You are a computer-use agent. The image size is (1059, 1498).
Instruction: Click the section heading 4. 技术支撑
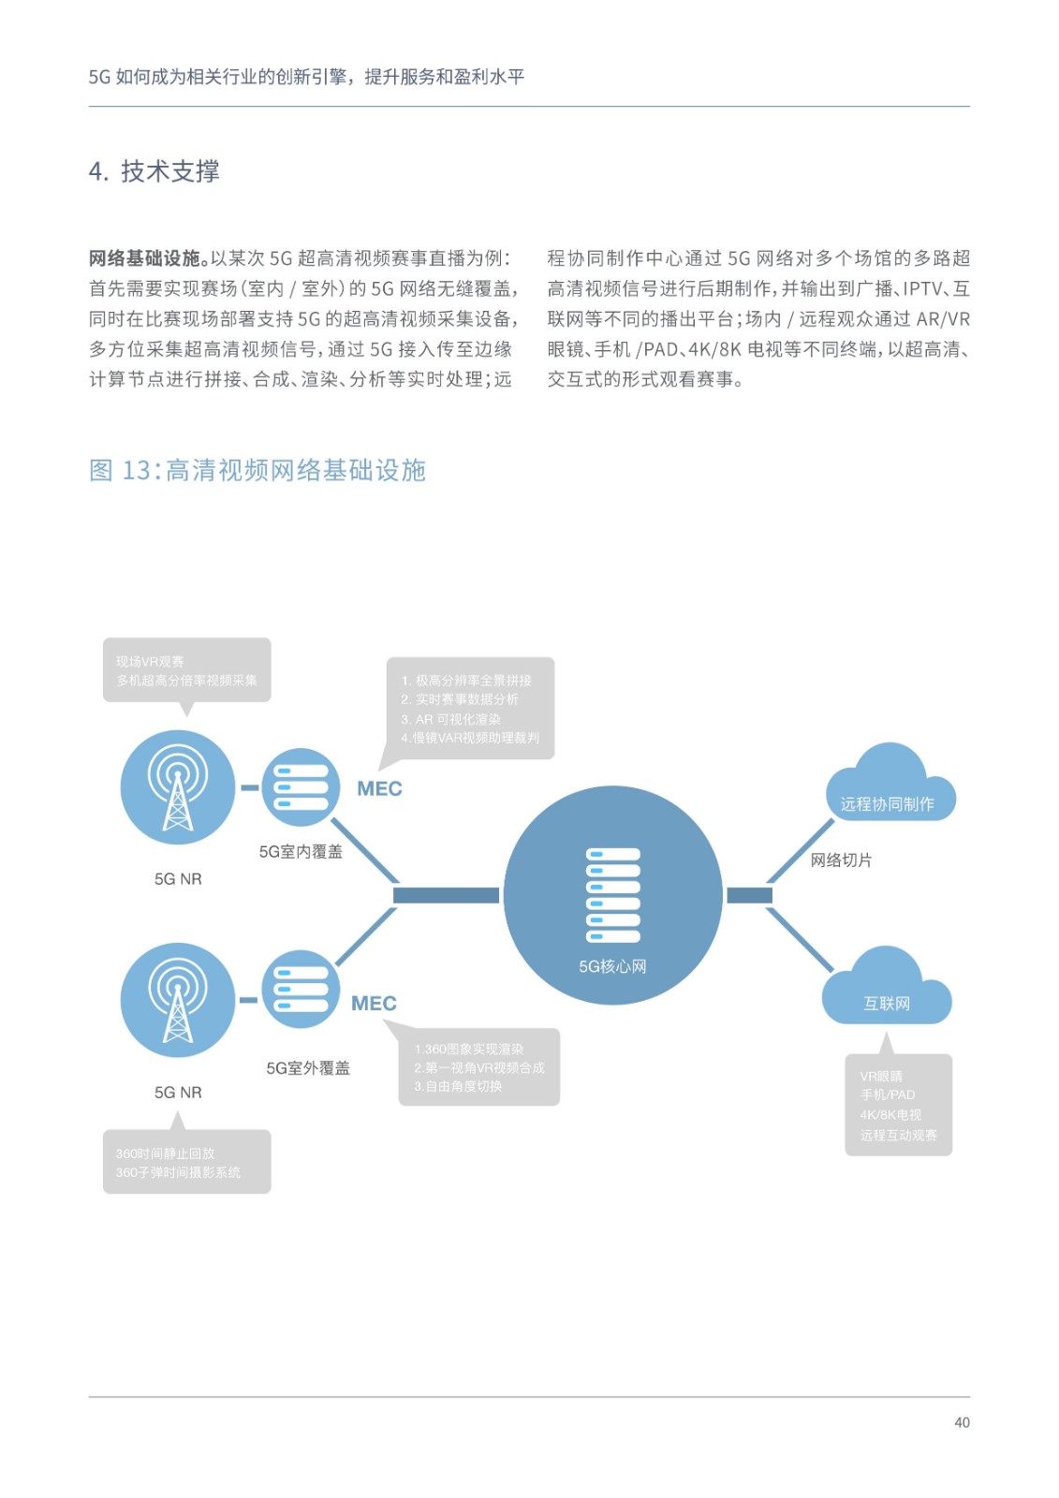(x=154, y=171)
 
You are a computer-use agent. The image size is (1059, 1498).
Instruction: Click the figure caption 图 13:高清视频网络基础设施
(x=257, y=470)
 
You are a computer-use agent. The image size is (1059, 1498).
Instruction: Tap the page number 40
(x=962, y=1422)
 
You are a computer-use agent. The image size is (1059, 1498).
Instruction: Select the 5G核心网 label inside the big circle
(x=612, y=966)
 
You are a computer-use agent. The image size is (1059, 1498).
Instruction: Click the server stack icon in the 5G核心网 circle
(x=612, y=894)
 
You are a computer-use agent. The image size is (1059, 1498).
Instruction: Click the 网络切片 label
(x=841, y=859)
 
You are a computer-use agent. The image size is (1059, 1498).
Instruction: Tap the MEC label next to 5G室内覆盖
(x=379, y=788)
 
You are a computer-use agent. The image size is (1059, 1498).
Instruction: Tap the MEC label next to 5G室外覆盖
(x=374, y=1003)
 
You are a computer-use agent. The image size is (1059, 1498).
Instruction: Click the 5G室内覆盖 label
(x=301, y=851)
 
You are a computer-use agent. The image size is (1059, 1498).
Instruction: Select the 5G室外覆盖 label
(x=308, y=1067)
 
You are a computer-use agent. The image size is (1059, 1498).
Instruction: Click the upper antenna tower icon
(x=178, y=787)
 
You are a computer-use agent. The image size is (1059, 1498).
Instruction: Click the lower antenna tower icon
(x=178, y=1000)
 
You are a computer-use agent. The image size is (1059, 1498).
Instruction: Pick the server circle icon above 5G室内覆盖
(x=301, y=787)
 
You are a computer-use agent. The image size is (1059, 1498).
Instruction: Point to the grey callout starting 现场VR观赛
(x=186, y=670)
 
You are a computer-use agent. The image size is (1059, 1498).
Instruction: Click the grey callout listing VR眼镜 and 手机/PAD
(x=898, y=1105)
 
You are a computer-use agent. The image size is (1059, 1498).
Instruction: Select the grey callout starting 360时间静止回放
(x=186, y=1162)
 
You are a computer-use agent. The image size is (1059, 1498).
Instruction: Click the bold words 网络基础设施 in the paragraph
(x=149, y=258)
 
